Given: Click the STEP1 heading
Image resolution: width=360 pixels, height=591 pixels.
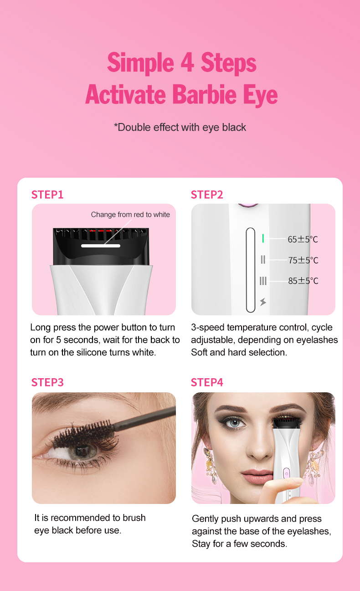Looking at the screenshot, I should tap(47, 195).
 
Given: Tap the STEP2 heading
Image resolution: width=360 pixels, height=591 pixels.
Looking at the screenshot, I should tap(207, 195).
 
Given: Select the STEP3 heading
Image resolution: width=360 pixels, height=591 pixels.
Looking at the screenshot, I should tap(47, 382).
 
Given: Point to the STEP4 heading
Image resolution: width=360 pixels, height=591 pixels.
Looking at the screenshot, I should tap(207, 382).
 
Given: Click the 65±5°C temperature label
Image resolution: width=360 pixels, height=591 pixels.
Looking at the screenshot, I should tap(303, 239).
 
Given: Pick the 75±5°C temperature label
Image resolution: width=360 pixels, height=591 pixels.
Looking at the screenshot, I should tap(303, 260).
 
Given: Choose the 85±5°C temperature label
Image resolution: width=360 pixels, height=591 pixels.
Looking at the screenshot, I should tap(303, 281).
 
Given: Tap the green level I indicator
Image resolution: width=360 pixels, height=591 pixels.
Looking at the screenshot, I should tap(263, 238).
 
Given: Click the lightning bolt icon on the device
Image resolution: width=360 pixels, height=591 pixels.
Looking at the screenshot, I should tap(263, 302).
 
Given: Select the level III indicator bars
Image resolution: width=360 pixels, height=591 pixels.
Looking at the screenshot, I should tap(263, 281).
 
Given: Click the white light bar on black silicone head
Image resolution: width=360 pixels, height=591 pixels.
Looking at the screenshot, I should tap(101, 246).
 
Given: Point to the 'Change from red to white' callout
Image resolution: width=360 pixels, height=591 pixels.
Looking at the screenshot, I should tap(130, 215).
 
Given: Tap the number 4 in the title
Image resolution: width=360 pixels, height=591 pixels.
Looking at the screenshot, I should tap(187, 63).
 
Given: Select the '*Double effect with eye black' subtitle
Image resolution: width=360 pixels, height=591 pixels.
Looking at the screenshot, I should tap(180, 127).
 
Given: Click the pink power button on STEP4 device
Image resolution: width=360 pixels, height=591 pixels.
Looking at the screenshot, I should tap(286, 473).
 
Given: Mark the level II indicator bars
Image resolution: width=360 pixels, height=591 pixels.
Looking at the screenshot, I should tap(263, 260).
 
